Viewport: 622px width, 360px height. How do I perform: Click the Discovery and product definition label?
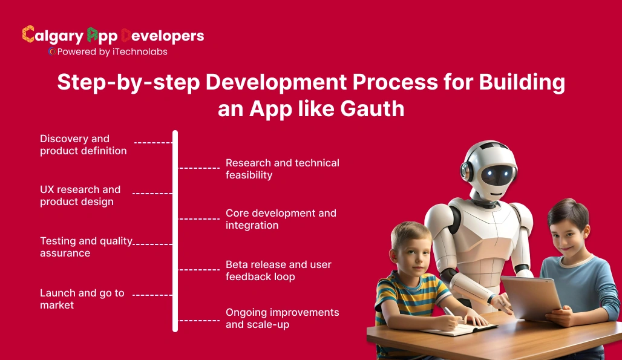pos(83,145)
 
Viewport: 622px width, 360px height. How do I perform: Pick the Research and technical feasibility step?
pos(282,169)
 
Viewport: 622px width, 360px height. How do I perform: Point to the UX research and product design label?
pos(80,195)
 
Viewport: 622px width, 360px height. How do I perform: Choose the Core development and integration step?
pos(281,219)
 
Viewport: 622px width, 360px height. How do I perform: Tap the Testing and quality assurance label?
pos(86,247)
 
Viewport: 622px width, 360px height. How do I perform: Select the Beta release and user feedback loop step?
pos(278,270)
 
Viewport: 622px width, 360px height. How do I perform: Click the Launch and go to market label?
pos(82,299)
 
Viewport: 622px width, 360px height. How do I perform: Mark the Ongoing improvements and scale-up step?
pos(282,318)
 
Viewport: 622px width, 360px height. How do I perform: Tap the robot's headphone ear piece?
pos(465,171)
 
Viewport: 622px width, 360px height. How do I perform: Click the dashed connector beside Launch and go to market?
pos(152,295)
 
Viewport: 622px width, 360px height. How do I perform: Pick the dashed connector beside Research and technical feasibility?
pos(199,168)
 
